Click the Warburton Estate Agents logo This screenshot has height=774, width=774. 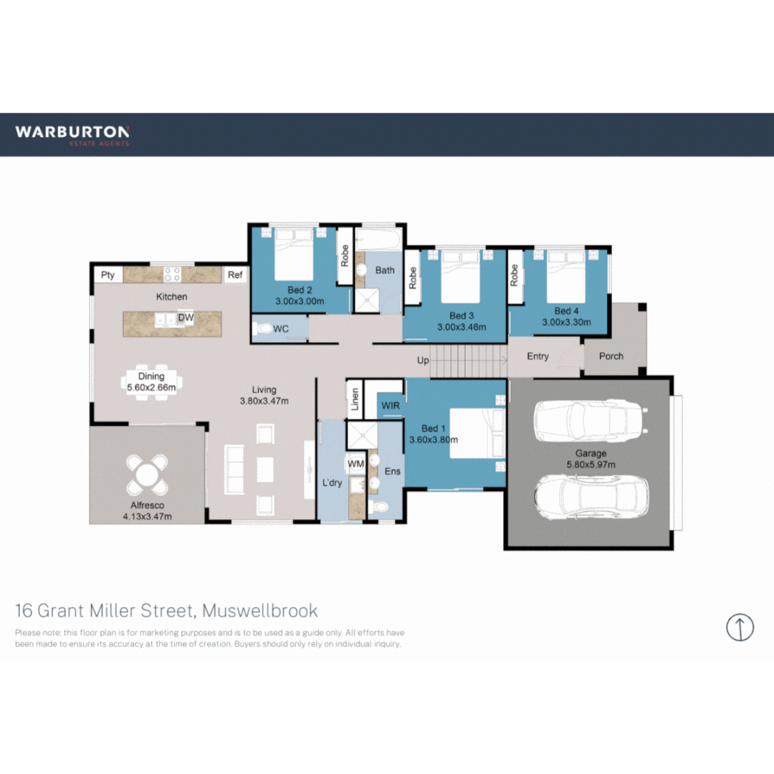[72, 134]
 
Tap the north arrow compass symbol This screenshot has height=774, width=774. [740, 627]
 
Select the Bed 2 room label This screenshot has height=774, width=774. [300, 290]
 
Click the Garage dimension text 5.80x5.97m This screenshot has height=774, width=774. [591, 464]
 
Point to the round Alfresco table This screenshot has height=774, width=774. [147, 474]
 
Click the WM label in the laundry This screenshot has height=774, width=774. [356, 464]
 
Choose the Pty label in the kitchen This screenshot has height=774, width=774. [107, 274]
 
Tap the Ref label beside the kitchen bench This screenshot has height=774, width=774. [234, 274]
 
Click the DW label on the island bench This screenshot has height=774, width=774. [186, 317]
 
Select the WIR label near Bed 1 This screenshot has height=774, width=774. [391, 406]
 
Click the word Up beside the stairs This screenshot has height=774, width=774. [423, 360]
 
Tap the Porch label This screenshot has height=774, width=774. [611, 356]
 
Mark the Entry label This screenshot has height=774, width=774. [537, 356]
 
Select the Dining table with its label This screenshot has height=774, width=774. [151, 380]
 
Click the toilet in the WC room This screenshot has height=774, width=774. [263, 329]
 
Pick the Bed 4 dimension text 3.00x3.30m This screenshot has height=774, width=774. [566, 322]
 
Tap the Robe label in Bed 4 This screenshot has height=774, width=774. [514, 275]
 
